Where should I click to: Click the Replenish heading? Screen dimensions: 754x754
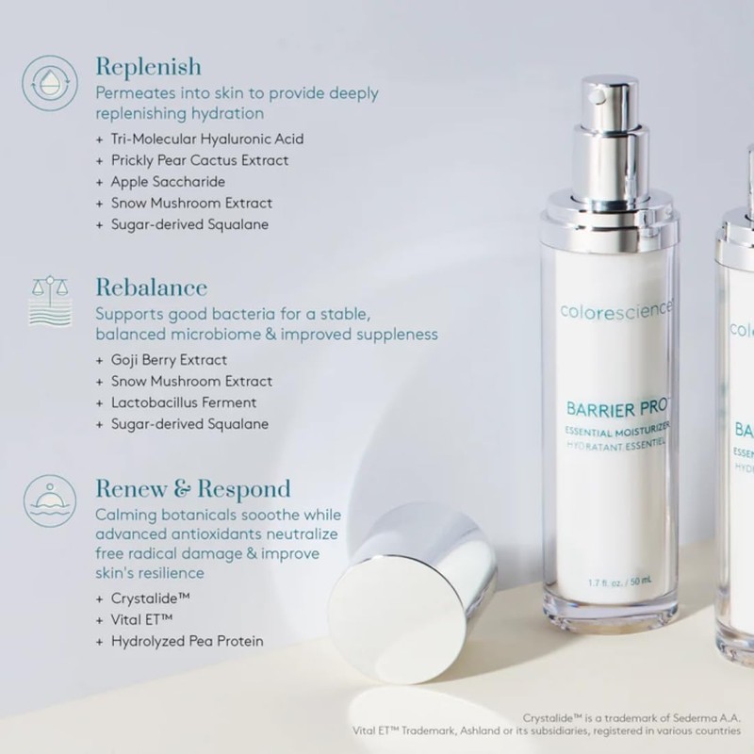[148, 67]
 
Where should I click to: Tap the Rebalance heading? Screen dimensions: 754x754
[151, 287]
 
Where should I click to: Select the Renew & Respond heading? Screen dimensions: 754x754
[192, 489]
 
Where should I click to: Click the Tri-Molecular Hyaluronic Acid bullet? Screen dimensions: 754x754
[206, 139]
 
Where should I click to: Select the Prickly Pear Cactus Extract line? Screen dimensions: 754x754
[199, 160]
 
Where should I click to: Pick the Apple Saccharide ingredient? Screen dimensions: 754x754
[168, 182]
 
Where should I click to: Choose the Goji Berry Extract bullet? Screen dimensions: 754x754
[169, 360]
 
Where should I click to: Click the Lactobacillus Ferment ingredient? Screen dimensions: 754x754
[182, 402]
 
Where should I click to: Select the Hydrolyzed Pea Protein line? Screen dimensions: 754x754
[187, 642]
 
